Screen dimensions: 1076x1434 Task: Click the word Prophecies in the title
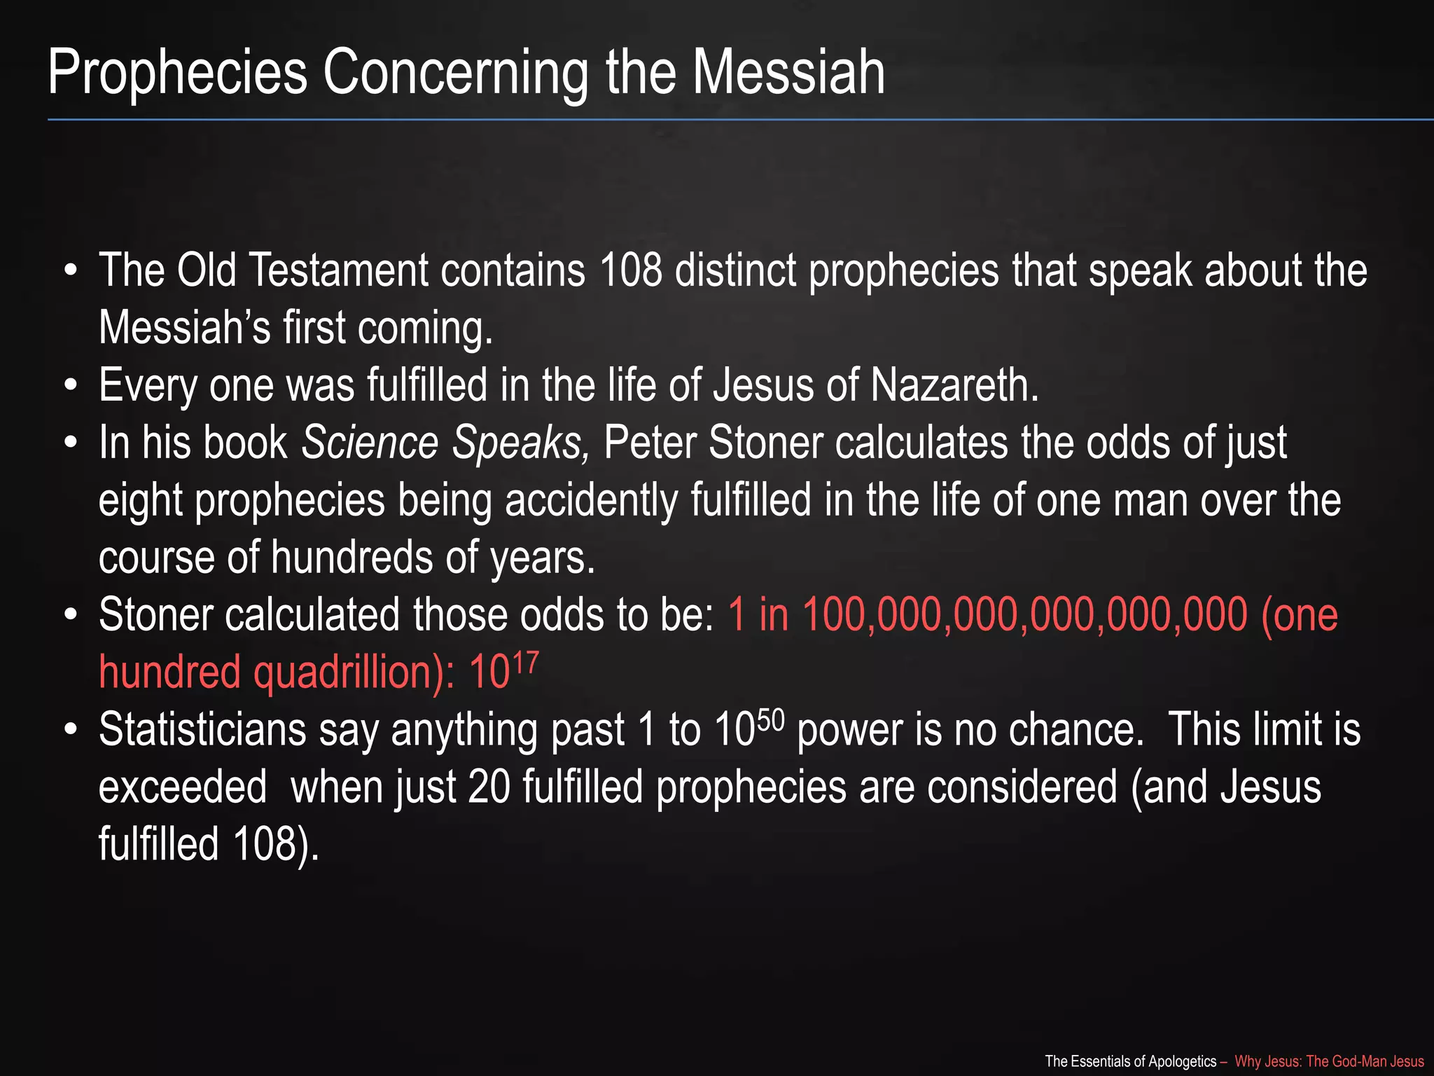tap(178, 73)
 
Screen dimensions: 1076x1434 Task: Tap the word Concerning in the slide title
tap(455, 73)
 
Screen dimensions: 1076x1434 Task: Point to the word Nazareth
tap(954, 385)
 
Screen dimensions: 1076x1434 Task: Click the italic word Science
tap(370, 443)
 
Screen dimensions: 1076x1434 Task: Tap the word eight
tap(141, 500)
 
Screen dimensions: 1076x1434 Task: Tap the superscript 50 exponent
tap(771, 719)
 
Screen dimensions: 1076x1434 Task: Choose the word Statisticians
tap(202, 730)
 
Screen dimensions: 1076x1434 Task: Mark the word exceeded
tap(183, 787)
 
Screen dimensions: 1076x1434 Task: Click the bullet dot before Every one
tap(70, 386)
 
